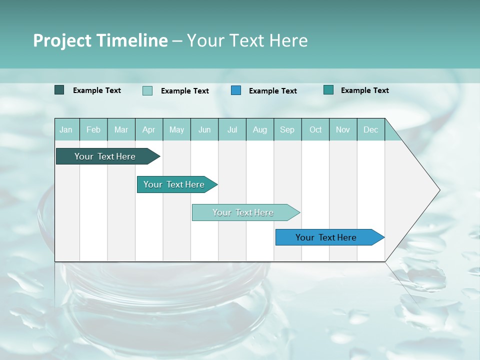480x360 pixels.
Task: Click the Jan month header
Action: pos(66,129)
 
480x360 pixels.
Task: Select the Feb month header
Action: pos(93,129)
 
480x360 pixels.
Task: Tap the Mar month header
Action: pos(121,129)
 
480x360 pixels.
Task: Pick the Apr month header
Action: pos(149,129)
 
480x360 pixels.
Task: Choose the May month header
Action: pos(176,129)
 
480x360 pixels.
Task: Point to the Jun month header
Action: pos(204,129)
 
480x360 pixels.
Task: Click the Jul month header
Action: pos(232,129)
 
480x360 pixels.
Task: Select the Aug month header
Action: pos(259,129)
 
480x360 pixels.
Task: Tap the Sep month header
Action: pos(287,129)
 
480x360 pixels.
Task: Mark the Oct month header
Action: pos(315,129)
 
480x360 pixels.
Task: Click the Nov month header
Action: pos(343,129)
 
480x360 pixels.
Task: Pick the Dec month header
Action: pos(371,129)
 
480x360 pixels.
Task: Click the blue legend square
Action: pos(236,90)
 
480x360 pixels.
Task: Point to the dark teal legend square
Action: pos(59,90)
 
